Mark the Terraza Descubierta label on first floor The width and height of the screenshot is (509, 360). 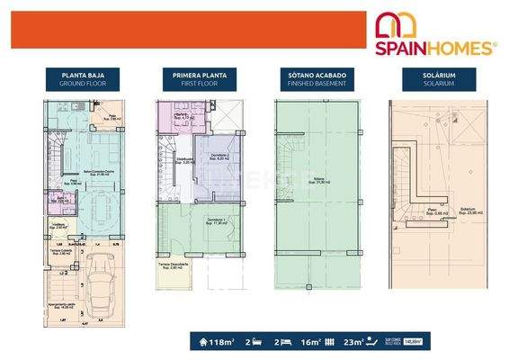tap(173, 265)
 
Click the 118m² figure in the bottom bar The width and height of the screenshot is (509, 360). tap(221, 341)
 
